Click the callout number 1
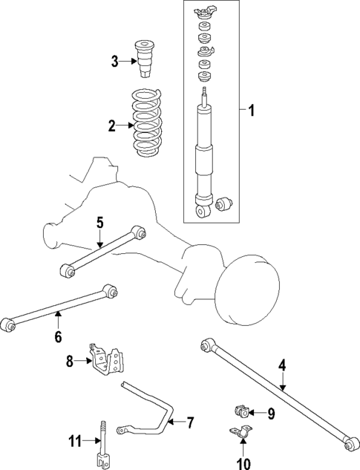click(251, 111)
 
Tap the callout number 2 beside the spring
click(111, 126)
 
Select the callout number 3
click(115, 62)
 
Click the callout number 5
click(99, 221)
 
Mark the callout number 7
click(190, 423)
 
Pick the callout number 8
click(70, 362)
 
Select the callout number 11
click(73, 442)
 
